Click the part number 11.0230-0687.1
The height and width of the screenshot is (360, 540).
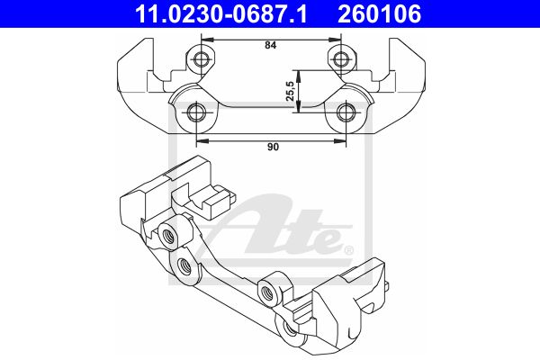220,13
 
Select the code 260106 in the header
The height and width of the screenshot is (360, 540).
380,13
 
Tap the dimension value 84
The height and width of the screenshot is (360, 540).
271,45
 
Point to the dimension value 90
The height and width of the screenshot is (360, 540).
273,147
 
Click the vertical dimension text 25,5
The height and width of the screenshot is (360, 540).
290,91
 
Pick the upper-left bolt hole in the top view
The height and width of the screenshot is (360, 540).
201,58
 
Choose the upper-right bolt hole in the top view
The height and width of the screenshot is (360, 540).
340,58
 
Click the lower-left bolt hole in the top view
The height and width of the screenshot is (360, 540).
196,112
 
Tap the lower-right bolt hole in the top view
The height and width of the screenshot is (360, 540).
346,112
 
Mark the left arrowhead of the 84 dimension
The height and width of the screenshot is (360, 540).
208,40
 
